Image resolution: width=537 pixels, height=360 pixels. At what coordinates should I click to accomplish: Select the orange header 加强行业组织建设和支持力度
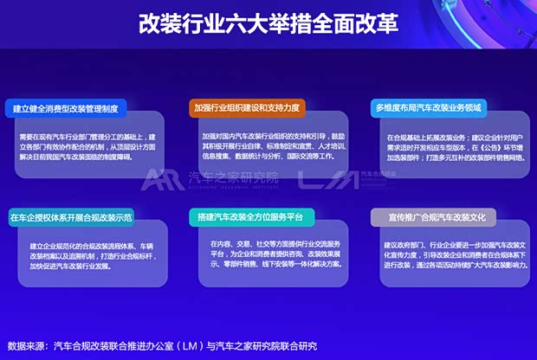247,108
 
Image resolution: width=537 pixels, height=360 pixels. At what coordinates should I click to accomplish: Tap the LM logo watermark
314,179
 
